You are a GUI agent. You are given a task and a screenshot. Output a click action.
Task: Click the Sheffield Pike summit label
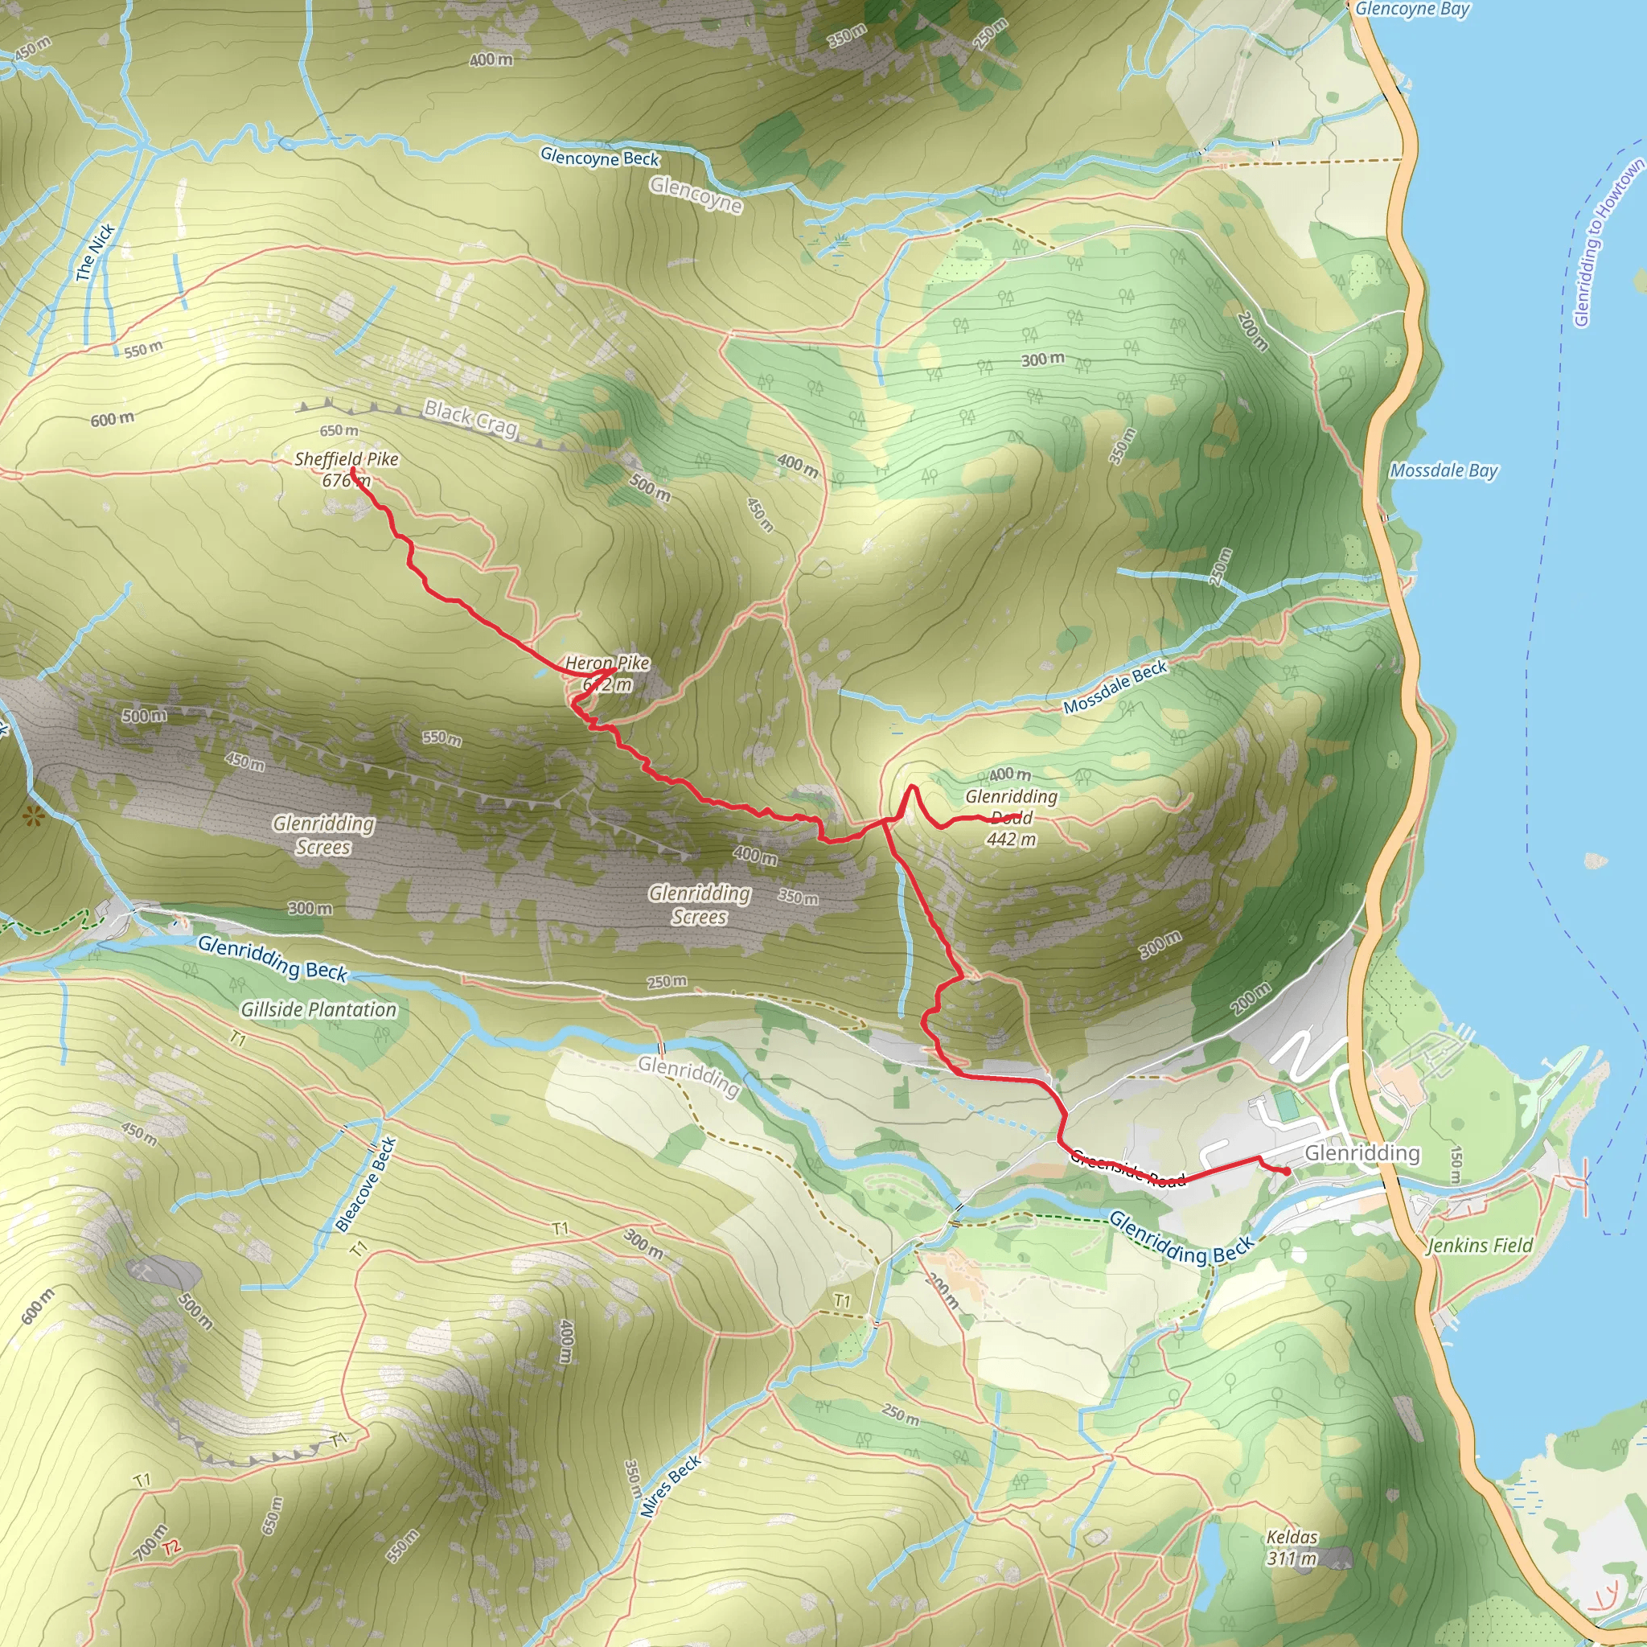coord(346,469)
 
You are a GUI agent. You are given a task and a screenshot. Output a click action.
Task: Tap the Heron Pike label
coord(607,672)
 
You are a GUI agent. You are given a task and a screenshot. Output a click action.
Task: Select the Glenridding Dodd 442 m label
coord(1011,817)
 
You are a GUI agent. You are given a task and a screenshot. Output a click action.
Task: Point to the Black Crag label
coord(470,417)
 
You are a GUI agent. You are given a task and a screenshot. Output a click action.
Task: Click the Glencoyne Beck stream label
coord(599,158)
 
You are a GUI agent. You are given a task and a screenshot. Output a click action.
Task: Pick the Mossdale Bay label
coord(1444,470)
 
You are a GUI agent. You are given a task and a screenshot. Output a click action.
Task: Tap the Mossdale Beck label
coord(1115,687)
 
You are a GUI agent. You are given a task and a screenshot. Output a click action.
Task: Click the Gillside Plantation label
coord(318,1009)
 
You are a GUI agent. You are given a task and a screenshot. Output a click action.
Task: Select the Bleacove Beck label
coord(366,1184)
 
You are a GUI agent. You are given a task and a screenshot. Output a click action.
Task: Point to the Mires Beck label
coord(671,1485)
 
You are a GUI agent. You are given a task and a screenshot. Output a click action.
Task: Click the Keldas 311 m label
coord(1292,1548)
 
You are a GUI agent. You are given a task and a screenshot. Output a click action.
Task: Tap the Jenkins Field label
coord(1479,1246)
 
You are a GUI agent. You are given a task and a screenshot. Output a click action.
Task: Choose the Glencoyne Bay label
coord(1412,10)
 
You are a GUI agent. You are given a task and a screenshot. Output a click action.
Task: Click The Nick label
coord(95,253)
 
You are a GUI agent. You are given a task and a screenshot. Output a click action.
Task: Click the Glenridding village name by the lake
coord(1362,1152)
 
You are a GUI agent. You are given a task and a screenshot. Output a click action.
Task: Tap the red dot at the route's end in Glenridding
coord(1287,1173)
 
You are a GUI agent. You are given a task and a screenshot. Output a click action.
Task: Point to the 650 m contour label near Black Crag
coord(339,430)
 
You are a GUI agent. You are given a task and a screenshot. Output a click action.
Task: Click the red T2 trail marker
coord(172,1547)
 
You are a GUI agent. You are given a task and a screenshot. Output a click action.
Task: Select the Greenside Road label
coord(1127,1168)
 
